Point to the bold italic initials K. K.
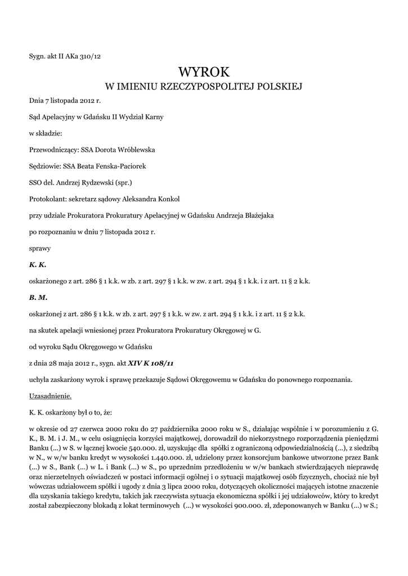point(38,264)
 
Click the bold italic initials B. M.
point(38,296)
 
